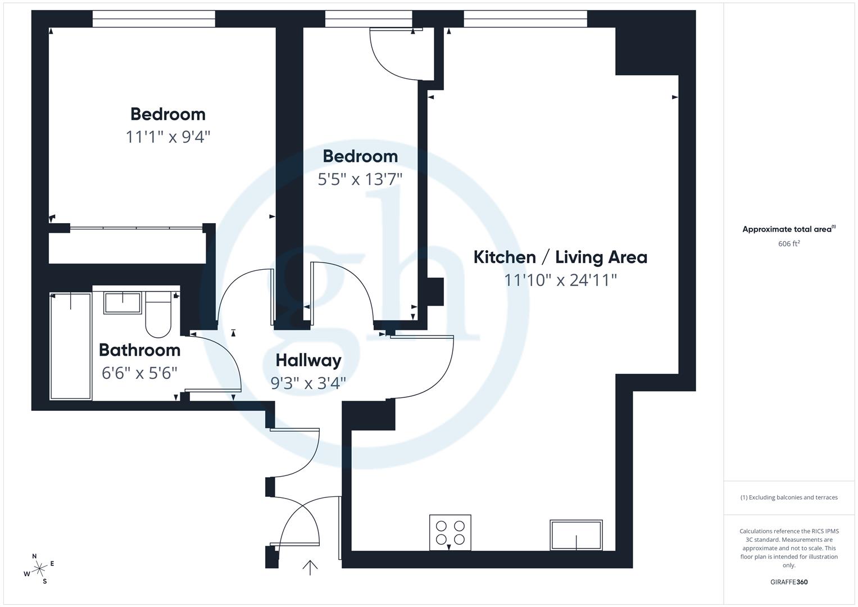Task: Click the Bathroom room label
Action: [x=139, y=350]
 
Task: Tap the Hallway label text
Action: [x=308, y=360]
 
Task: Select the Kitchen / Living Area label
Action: [x=560, y=257]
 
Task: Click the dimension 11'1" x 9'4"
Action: [x=167, y=137]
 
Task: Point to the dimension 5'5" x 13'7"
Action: [x=360, y=179]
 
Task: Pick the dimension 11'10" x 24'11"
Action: [x=560, y=280]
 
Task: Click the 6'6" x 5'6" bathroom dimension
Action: [x=139, y=373]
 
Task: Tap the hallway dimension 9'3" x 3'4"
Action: [x=308, y=383]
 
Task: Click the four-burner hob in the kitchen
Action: [x=450, y=532]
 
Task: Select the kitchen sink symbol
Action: [x=576, y=535]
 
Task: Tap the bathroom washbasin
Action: [x=122, y=303]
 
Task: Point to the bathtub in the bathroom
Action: [x=71, y=346]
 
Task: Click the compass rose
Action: [x=39, y=569]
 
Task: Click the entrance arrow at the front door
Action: [x=310, y=567]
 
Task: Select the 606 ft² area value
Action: [x=789, y=243]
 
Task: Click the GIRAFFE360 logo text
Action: [x=789, y=582]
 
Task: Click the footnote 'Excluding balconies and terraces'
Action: [x=789, y=497]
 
